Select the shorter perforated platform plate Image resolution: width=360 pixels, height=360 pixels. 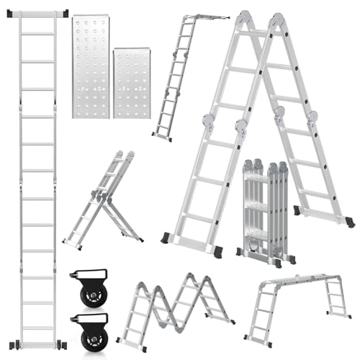(x=132, y=82)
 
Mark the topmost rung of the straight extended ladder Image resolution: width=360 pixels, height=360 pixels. (x=40, y=34)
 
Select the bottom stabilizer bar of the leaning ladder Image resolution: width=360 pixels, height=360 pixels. (x=163, y=135)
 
